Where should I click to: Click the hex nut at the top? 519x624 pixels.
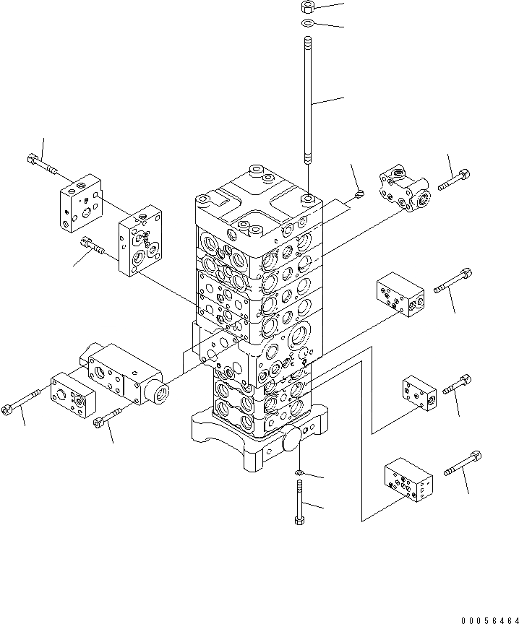pos(308,7)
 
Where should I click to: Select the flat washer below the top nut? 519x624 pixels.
pos(307,22)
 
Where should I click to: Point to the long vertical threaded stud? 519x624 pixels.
pos(308,100)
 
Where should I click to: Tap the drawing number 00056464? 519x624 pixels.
pos(490,620)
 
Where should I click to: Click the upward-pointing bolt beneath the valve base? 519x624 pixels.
pos(299,502)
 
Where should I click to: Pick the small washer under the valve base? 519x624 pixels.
pos(299,472)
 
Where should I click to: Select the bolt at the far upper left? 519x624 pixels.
pos(42,165)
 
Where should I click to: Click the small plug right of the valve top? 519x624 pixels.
pos(359,194)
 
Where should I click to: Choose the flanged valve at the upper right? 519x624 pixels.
pos(404,188)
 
